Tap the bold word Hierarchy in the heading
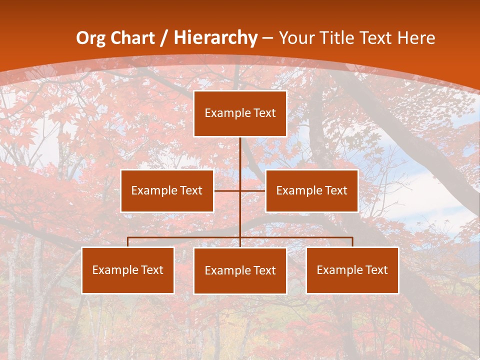[215, 38]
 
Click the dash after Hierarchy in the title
[267, 38]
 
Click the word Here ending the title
[416, 38]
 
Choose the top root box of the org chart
[240, 113]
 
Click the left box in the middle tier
[167, 190]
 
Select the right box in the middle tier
[311, 190]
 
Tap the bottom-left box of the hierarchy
[128, 270]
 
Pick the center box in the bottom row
[240, 270]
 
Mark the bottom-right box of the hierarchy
[352, 270]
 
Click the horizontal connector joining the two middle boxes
[227, 190]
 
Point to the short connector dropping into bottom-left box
[128, 242]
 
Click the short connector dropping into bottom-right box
[352, 242]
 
